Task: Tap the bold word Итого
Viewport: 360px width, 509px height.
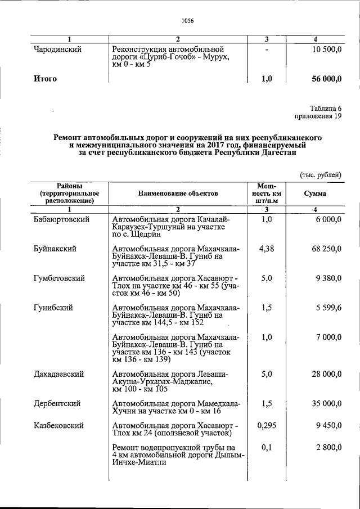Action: [46, 79]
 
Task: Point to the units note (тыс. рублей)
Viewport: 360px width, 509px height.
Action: [319, 175]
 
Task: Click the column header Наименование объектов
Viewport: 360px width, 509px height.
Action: [177, 193]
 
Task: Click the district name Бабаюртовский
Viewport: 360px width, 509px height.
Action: [62, 219]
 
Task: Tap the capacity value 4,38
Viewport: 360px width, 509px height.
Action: [267, 249]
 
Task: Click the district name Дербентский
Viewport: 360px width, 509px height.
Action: [57, 403]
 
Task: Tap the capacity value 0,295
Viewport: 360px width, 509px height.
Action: [267, 425]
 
